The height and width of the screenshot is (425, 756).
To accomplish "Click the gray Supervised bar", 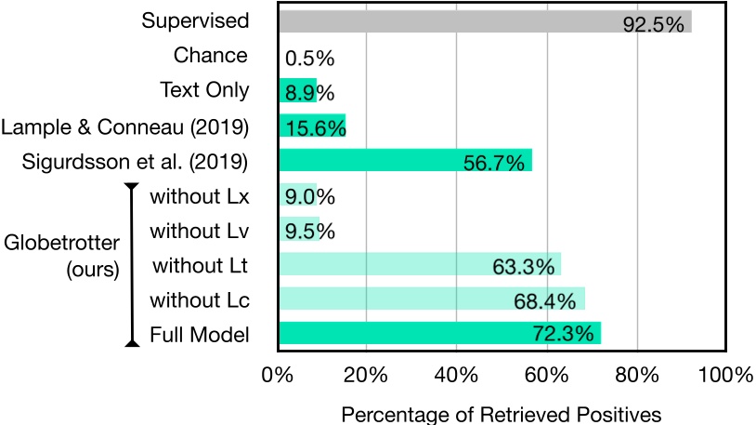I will tap(483, 21).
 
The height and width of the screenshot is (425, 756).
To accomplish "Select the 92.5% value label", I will tap(653, 23).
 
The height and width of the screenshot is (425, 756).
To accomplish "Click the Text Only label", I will tap(204, 89).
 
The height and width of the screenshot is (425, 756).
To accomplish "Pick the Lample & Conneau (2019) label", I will tap(125, 126).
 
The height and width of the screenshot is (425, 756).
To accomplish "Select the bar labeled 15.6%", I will tap(312, 126).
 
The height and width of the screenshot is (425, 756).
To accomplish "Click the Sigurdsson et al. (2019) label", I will tap(135, 161).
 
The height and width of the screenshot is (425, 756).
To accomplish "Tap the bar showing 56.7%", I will tap(405, 160).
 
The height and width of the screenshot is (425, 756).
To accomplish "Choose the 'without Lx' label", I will tap(199, 195).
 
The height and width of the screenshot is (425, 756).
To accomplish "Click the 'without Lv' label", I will tap(199, 230).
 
